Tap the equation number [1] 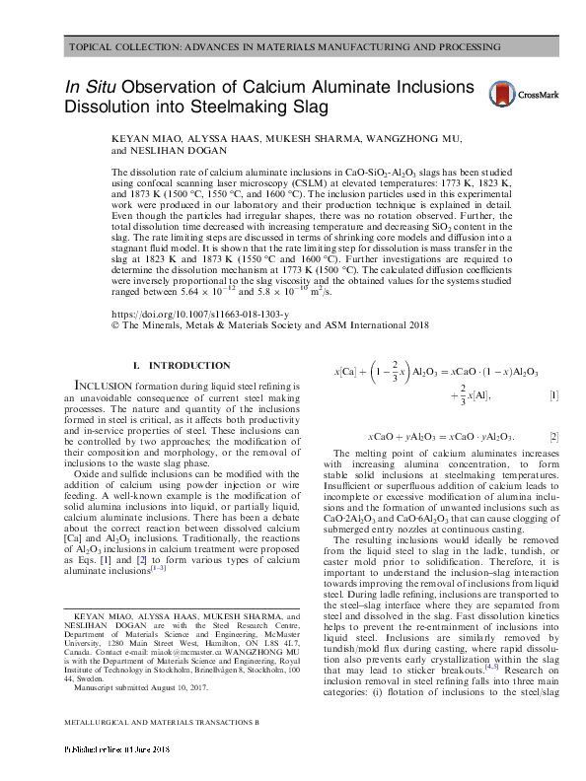pyautogui.click(x=554, y=395)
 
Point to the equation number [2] pyautogui.click(x=554, y=435)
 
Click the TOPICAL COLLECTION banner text pyautogui.click(x=292, y=47)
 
